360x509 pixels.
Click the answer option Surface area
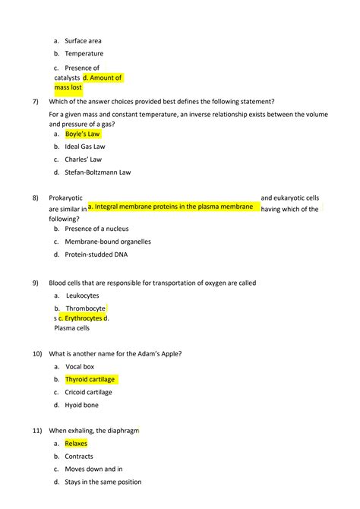tap(83, 41)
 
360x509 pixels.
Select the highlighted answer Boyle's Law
tap(82, 134)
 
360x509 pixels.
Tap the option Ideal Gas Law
tap(85, 147)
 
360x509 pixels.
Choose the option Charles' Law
tap(83, 160)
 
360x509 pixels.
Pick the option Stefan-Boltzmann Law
tap(97, 172)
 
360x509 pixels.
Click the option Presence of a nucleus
tap(96, 229)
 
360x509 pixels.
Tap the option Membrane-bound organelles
tap(107, 242)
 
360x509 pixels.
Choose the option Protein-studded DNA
tap(96, 254)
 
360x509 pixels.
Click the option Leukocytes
tap(82, 296)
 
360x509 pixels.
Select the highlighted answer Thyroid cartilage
tap(90, 379)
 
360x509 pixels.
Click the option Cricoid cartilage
tap(88, 392)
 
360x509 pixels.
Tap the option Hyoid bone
tap(81, 405)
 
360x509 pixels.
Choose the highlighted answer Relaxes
tap(76, 444)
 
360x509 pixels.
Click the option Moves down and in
tap(93, 469)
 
